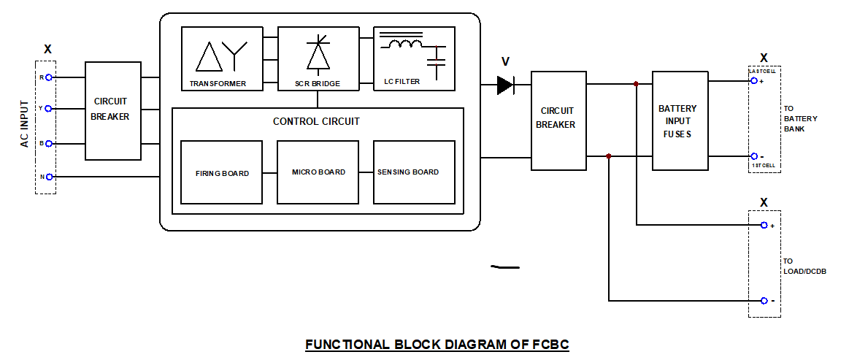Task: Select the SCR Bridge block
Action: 318,58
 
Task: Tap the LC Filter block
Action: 414,58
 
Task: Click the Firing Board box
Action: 221,172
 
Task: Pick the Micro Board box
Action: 318,172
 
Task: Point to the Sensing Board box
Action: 414,172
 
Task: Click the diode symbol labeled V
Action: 504,85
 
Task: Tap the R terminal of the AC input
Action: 49,77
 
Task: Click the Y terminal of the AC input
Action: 49,108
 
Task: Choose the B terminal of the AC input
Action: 49,143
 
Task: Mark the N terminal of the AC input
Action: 49,177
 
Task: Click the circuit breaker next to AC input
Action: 112,111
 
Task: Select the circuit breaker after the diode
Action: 558,120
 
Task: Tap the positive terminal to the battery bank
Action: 754,81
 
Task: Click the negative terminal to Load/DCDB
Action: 764,301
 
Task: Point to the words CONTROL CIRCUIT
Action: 316,121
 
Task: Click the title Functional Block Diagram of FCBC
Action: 437,345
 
